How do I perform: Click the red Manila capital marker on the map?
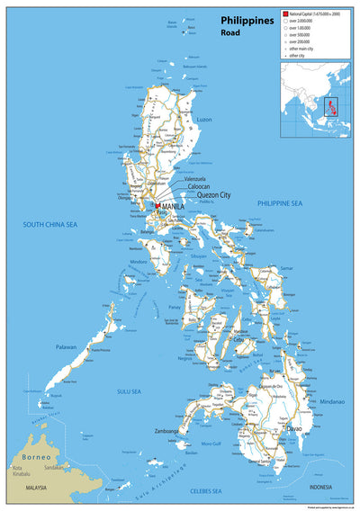click(157, 206)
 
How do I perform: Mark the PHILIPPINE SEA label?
click(278, 204)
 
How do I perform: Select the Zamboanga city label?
click(166, 431)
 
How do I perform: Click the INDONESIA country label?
click(321, 487)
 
